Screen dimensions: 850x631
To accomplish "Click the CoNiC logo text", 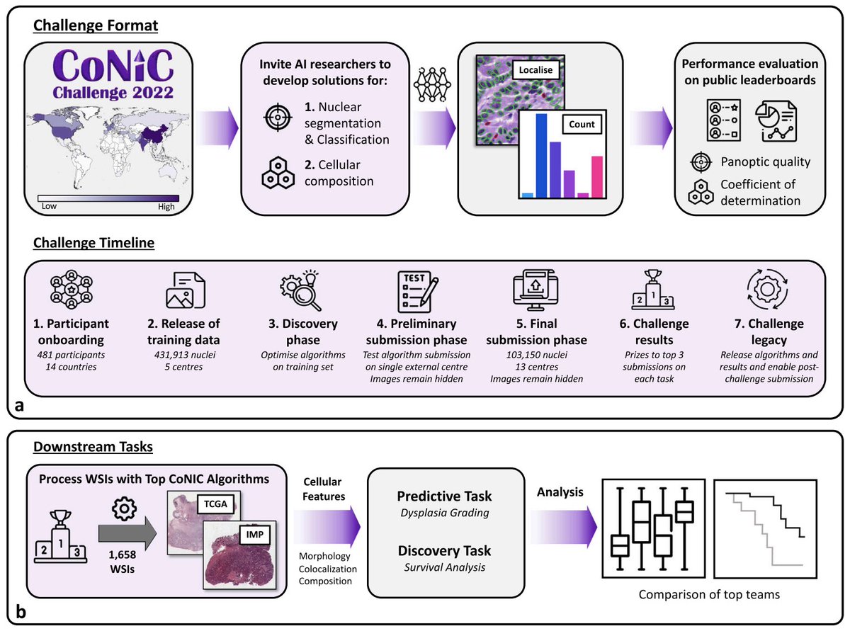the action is point(113,66).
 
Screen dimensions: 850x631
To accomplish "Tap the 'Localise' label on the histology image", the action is point(535,69).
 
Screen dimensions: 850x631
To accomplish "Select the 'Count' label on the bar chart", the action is point(582,124).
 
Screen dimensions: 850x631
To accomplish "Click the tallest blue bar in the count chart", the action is point(541,156).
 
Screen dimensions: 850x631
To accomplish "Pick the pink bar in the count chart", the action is point(596,176).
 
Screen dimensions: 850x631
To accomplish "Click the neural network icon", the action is point(432,85).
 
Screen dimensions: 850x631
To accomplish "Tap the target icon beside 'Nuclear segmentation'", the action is point(278,118).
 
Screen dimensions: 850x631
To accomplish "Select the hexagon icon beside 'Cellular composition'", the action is point(278,173).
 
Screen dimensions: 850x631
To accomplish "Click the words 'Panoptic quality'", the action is point(765,162).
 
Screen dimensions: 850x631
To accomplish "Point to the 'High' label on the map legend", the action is point(166,207).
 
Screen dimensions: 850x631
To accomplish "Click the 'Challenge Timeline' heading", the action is point(94,242).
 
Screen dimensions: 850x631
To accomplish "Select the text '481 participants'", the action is point(71,355).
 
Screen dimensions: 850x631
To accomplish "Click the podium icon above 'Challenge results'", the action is point(653,290).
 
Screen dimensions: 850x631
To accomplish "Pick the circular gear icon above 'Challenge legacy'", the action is point(767,289).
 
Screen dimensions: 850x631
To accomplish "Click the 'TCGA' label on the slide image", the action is point(215,504).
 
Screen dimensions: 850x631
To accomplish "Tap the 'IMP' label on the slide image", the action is point(255,535).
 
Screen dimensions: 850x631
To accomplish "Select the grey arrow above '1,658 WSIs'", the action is point(127,533).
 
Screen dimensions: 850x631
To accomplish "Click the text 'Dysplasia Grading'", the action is point(445,513).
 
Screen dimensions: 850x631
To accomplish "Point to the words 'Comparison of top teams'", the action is point(709,594).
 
